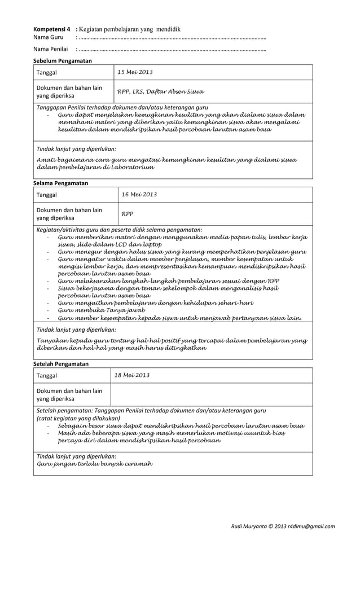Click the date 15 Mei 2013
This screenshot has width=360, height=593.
[x=134, y=72]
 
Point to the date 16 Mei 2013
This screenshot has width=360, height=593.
[x=139, y=195]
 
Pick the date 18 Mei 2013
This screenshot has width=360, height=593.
[x=132, y=375]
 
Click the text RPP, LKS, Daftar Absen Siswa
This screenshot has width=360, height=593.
[x=160, y=92]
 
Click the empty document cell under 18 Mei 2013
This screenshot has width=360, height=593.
[x=211, y=394]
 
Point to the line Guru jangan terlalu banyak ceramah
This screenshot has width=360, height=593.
[x=94, y=464]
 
